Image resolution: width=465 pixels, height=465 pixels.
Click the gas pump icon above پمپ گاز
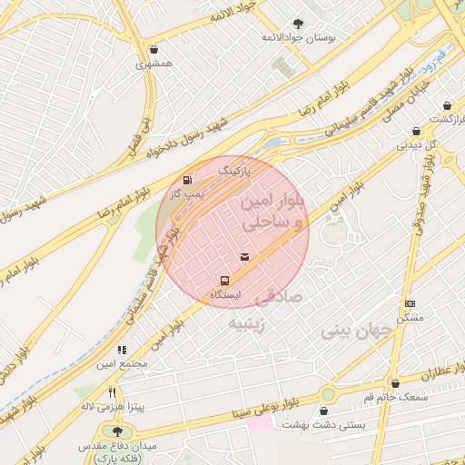tap(188, 180)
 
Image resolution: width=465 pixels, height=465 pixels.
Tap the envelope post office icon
tap(243, 259)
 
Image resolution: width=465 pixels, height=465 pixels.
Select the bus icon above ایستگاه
tap(224, 281)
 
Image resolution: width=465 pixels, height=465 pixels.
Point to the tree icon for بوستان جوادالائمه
tap(298, 24)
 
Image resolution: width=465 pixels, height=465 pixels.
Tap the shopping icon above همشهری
tap(153, 50)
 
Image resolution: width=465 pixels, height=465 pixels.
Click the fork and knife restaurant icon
tap(113, 392)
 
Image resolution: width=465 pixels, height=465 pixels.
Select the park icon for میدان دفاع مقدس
tap(115, 430)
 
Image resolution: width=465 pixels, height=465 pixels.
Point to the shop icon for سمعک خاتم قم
tap(393, 383)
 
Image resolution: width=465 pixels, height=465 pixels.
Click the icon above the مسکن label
tap(410, 303)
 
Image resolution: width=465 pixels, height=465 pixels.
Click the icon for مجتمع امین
tap(121, 350)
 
